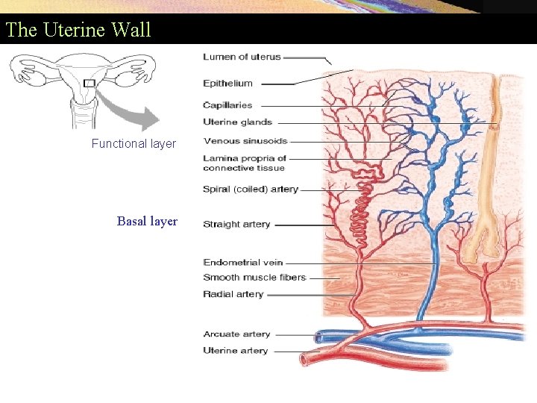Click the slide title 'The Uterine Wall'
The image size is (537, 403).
[x=78, y=30]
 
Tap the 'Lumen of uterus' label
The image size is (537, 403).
[x=242, y=57]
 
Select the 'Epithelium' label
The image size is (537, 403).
[x=227, y=84]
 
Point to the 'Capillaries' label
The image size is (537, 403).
[x=227, y=105]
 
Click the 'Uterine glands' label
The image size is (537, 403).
[x=237, y=122]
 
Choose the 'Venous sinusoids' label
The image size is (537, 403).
[x=245, y=141]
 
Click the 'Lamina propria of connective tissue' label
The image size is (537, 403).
[x=244, y=163]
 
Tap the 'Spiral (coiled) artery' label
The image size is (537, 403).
[x=250, y=190]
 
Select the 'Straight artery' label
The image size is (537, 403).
[x=236, y=224]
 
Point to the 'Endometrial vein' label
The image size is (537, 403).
[x=242, y=263]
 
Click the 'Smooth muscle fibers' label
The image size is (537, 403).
[x=254, y=278]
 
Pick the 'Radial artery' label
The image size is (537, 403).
[x=233, y=295]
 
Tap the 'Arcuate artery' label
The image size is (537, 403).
[x=236, y=334]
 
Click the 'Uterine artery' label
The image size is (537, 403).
[x=235, y=351]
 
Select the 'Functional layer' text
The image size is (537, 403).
[x=134, y=144]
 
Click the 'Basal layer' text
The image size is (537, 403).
[x=147, y=221]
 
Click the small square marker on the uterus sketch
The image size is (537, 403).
[x=89, y=83]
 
